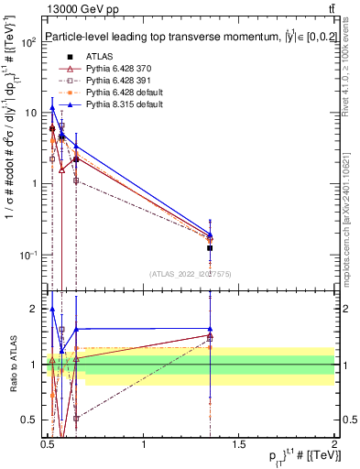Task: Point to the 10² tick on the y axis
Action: tap(27, 42)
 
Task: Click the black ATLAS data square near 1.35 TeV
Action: tap(211, 248)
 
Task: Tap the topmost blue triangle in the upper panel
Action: tap(52, 108)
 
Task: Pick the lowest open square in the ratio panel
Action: tap(76, 418)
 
